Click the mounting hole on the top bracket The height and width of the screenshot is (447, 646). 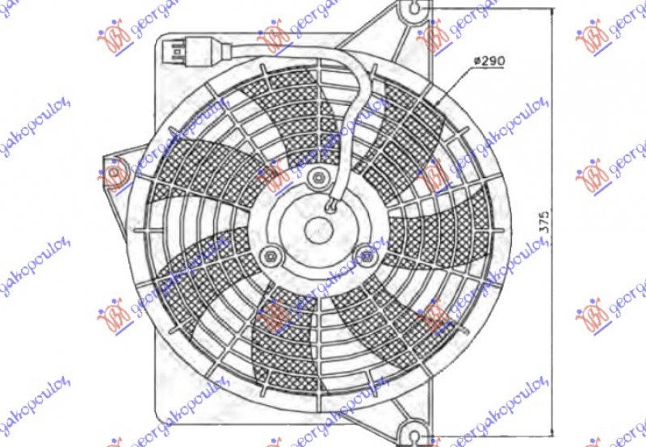(414, 11)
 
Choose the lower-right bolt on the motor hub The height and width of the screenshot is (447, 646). (368, 259)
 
